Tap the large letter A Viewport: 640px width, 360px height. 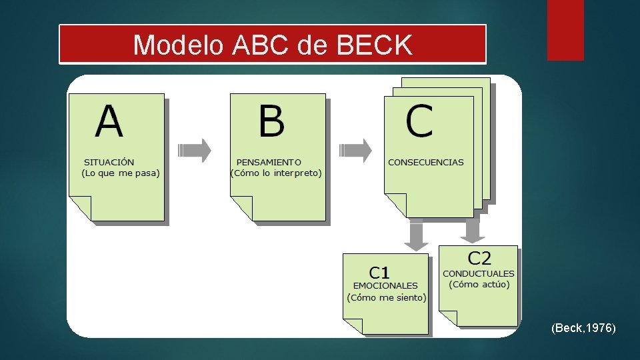(x=109, y=122)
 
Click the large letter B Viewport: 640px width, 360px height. (x=271, y=122)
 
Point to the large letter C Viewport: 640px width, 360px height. (x=419, y=122)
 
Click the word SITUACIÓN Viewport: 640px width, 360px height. (x=109, y=162)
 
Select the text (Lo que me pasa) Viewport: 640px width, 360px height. (x=120, y=173)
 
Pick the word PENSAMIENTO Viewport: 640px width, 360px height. (x=269, y=162)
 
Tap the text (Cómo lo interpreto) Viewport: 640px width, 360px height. (x=275, y=173)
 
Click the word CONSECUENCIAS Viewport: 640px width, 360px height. (x=425, y=162)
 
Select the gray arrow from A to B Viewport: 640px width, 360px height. (x=194, y=150)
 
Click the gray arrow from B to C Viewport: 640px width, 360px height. (x=355, y=150)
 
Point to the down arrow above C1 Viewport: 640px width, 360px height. (x=417, y=237)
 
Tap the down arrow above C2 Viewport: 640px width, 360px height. (x=473, y=231)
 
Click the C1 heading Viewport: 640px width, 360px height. (x=380, y=272)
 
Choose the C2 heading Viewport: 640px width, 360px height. (x=479, y=258)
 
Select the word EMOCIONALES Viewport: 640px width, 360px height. (x=385, y=286)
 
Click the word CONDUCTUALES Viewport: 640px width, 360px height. (x=479, y=273)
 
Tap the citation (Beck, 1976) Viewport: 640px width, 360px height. (x=583, y=328)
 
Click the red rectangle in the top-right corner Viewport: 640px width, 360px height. (x=565, y=30)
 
